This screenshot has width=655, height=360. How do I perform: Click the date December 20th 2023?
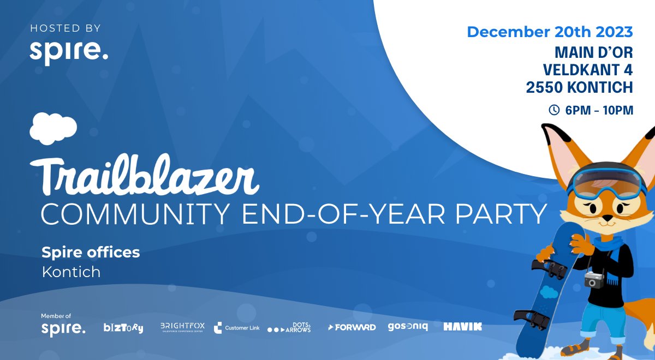550,32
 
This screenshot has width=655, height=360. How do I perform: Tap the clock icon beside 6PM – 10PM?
553,110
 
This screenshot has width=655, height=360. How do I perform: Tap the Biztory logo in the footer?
123,328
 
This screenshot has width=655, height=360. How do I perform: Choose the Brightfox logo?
182,327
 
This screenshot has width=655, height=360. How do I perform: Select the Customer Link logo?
236,328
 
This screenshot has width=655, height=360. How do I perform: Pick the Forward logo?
352,327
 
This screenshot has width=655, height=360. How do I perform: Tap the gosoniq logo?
408,327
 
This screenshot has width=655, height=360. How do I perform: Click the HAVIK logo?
462,327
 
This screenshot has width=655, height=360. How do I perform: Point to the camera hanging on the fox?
594,280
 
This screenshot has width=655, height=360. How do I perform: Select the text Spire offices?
91,253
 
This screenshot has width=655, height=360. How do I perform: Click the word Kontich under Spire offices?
71,272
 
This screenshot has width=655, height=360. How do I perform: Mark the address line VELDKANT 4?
587,70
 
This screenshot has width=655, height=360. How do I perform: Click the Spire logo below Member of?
63,329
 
